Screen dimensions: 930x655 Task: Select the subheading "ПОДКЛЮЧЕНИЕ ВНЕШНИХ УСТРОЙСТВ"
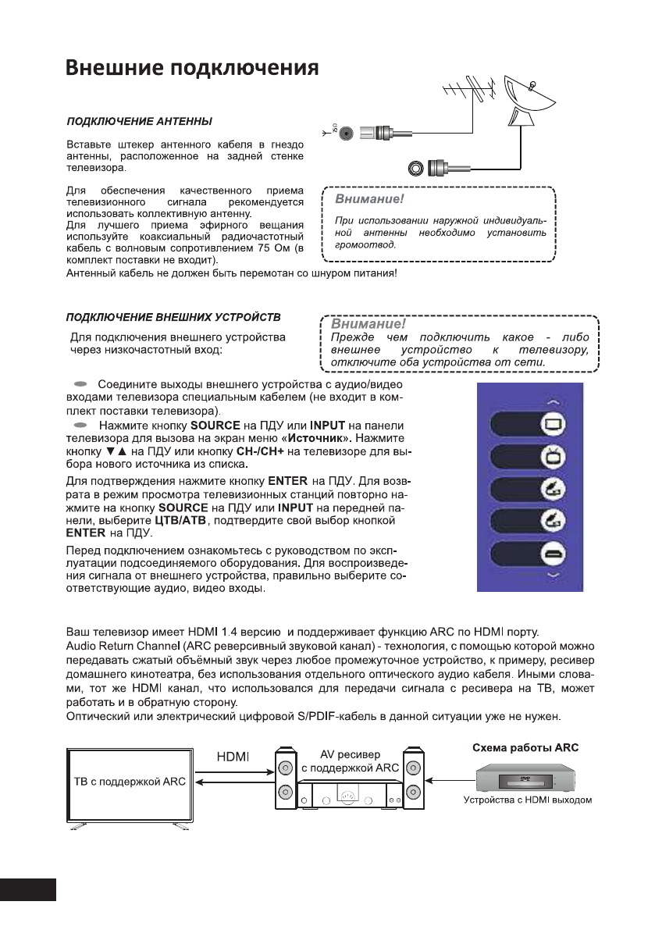pos(173,318)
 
